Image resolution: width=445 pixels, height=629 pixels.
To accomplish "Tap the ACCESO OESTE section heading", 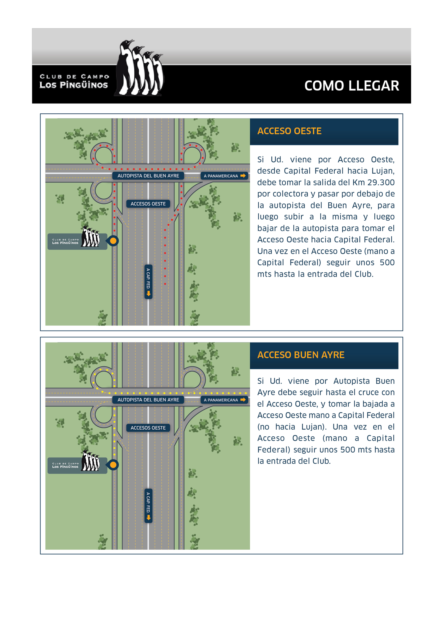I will [x=289, y=131].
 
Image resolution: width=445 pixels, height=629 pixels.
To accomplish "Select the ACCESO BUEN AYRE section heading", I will [x=301, y=355].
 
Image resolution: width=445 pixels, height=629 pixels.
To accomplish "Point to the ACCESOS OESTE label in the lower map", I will [x=148, y=428].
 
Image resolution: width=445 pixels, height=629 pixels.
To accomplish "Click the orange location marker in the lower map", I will [x=113, y=465].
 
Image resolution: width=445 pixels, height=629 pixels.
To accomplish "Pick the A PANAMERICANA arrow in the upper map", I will [x=243, y=176].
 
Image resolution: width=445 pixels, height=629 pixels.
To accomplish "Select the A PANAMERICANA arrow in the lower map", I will [x=243, y=400].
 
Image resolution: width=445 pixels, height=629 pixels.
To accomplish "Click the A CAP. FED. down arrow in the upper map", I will [x=148, y=293].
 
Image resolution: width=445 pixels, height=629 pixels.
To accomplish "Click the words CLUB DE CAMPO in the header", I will [x=74, y=77].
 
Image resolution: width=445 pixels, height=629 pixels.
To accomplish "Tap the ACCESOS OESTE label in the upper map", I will [x=148, y=204].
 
